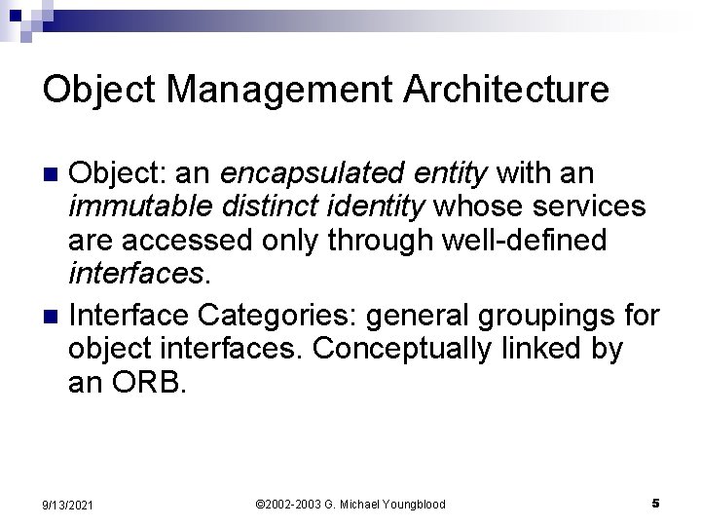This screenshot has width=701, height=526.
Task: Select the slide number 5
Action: [656, 503]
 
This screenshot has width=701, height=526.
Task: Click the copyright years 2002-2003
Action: [291, 504]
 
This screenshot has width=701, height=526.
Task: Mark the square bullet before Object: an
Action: [54, 174]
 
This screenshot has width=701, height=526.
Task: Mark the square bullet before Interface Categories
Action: [54, 317]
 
